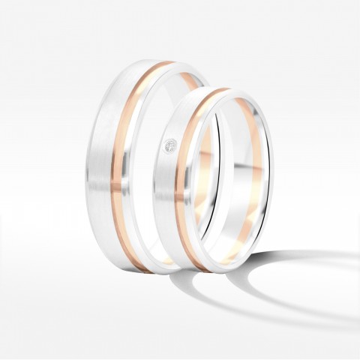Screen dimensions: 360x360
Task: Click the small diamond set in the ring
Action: [x=170, y=145]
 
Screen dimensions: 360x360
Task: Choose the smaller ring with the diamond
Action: [x=180, y=202]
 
